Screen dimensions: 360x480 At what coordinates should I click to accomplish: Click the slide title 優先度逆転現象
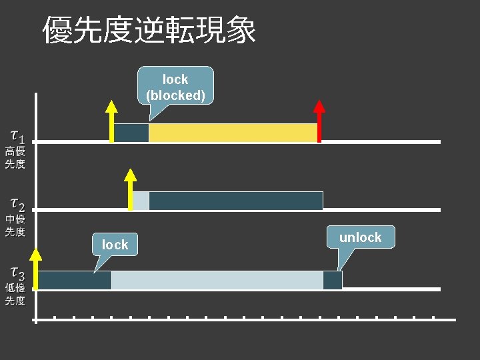pos(149,30)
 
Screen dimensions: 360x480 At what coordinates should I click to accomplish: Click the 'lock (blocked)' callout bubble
pos(175,87)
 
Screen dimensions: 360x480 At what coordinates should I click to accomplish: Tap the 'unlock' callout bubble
pos(360,237)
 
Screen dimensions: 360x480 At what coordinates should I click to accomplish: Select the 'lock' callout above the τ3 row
pos(115,245)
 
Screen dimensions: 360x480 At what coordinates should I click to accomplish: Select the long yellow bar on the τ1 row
pos(233,133)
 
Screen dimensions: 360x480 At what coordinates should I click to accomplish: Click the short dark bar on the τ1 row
pos(131,133)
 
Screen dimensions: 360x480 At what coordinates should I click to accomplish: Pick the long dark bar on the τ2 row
pos(235,201)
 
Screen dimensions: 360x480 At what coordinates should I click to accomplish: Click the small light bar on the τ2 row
pos(141,201)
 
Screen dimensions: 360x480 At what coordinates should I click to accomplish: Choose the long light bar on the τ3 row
pos(217,280)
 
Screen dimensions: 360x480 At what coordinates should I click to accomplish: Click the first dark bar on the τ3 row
pos(75,280)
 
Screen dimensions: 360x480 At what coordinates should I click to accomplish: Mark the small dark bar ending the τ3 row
pos(332,280)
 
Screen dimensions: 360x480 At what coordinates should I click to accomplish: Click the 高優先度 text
pos(15,158)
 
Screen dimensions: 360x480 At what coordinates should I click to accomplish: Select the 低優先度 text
pos(15,294)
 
